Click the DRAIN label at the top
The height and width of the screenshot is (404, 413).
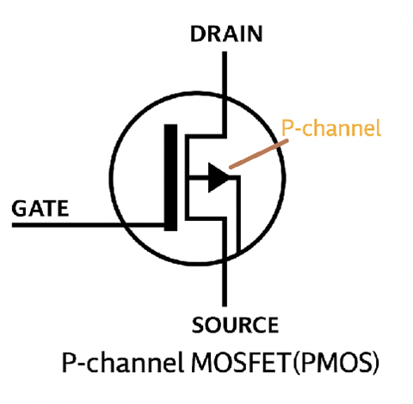(226, 34)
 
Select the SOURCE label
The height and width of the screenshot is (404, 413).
(235, 325)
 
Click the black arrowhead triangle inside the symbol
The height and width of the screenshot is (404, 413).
(218, 178)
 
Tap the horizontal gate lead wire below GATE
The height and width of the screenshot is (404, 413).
(86, 226)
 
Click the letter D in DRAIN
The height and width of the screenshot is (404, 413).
(197, 34)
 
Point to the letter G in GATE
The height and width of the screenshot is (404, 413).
(18, 208)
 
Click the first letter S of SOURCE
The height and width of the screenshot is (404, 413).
(196, 325)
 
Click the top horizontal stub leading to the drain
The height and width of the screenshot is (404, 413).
(206, 136)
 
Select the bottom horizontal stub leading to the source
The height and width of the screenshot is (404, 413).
(206, 217)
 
